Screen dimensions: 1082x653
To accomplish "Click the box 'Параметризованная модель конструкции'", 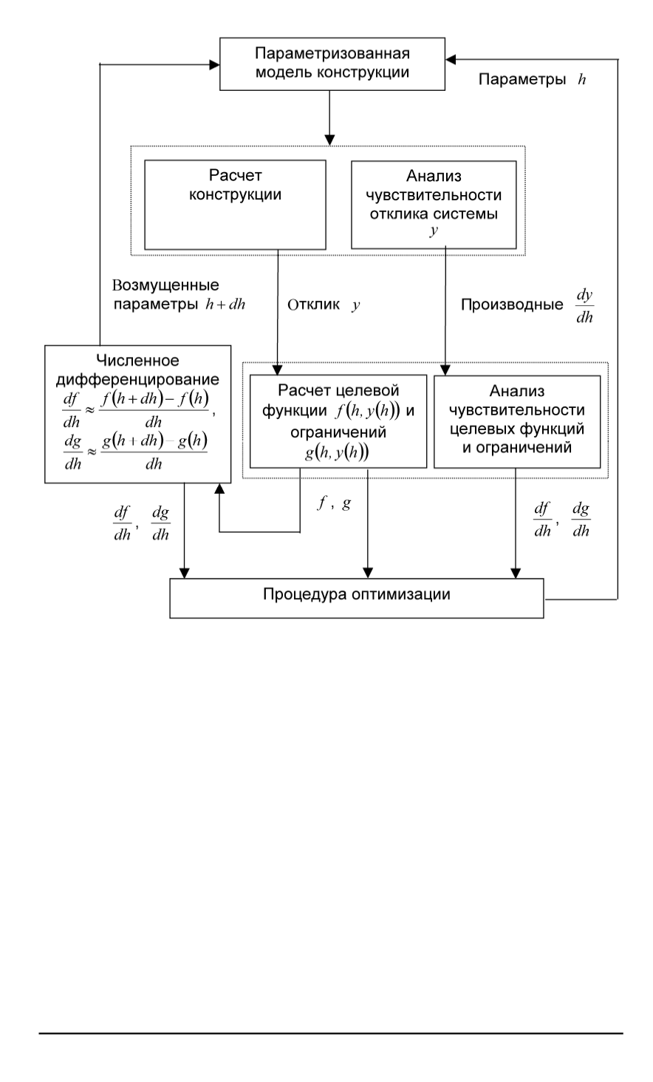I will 332,64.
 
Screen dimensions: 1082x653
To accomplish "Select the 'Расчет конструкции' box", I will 234,205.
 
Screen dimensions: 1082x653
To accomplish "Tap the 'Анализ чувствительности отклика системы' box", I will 434,205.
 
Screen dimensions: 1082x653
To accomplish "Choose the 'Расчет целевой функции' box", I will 338,421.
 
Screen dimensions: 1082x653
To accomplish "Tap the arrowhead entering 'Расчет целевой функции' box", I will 278,368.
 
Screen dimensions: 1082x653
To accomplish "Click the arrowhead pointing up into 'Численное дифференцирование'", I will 219,489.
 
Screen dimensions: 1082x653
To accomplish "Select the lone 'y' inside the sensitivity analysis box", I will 434,231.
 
